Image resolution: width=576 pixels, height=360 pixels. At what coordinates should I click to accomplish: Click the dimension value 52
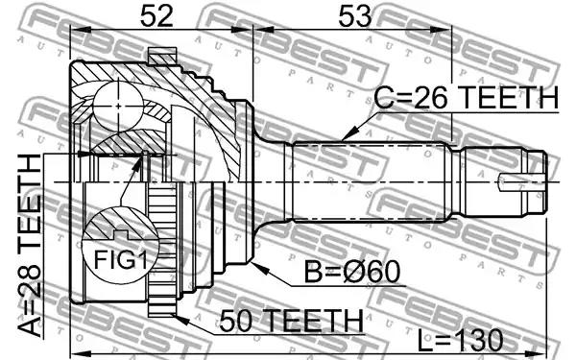(156, 15)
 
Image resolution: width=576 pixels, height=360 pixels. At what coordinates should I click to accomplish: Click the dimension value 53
(355, 15)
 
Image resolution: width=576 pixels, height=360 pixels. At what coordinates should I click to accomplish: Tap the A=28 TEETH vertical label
(30, 245)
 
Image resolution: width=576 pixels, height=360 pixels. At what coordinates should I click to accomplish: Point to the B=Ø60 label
(352, 272)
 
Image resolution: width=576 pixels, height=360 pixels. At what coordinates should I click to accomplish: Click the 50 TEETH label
(291, 321)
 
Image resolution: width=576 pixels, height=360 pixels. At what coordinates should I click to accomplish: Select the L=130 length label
(460, 340)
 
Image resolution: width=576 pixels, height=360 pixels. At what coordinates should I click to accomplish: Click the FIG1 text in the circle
(121, 260)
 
